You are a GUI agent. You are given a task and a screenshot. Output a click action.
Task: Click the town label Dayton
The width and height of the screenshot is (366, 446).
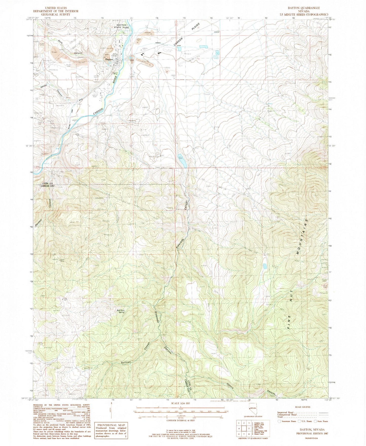(x=109, y=59)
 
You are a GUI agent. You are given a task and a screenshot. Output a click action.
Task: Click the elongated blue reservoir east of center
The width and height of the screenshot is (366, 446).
(x=183, y=160)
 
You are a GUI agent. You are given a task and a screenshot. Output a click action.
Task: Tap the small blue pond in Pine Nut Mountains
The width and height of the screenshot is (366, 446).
(x=265, y=266)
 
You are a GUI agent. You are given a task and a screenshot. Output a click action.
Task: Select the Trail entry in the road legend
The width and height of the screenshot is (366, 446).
(x=282, y=417)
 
